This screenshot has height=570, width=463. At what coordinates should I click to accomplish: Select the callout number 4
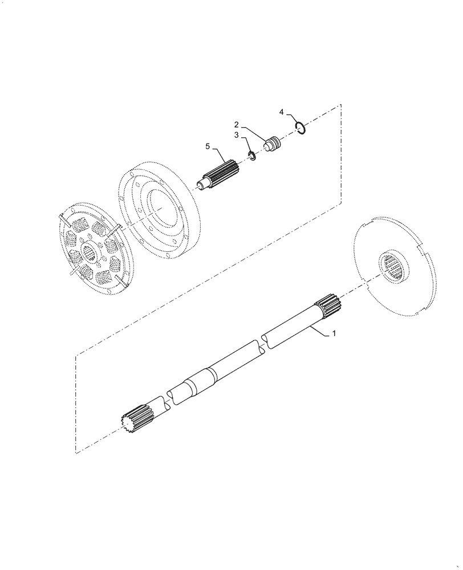click(282, 112)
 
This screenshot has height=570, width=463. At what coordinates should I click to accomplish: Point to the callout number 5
click(208, 146)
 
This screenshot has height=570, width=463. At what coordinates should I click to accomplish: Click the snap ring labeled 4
click(302, 128)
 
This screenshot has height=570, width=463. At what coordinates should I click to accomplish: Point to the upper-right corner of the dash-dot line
click(341, 104)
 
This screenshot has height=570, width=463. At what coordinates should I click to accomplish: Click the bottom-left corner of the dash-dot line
click(76, 453)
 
